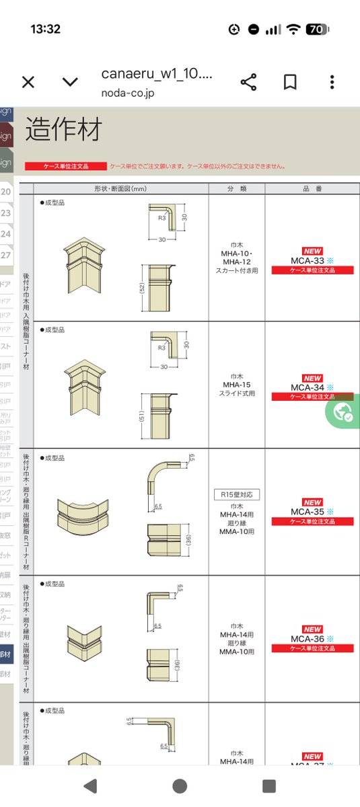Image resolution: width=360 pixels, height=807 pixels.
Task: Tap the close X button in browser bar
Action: tap(28, 82)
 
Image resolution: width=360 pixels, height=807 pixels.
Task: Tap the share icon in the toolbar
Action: tap(249, 82)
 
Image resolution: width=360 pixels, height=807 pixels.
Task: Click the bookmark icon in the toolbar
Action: tap(290, 82)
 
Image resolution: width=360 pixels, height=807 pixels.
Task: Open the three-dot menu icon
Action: tap(332, 82)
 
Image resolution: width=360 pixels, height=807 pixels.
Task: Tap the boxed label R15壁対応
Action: tap(236, 494)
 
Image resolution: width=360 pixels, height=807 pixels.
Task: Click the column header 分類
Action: tap(236, 188)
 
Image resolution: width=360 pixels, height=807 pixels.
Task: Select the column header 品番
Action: tap(312, 188)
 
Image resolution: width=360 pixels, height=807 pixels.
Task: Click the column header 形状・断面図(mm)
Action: tap(121, 188)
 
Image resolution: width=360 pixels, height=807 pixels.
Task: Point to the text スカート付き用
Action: tap(236, 270)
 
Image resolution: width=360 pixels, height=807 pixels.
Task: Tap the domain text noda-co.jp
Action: tap(128, 92)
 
